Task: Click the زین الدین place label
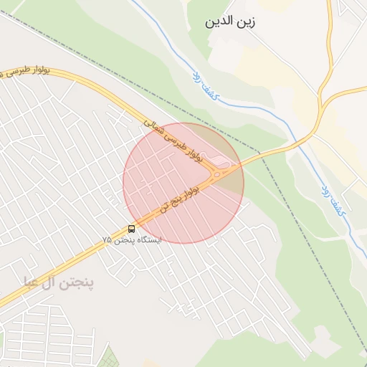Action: coord(231,22)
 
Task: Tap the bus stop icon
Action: coord(131,229)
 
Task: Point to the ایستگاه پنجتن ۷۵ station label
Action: coord(132,239)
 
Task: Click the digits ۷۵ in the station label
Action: coord(107,239)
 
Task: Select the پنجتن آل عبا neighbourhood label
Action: coord(58,282)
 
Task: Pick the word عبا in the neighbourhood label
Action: coord(34,282)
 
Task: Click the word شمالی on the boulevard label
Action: coord(154,127)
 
